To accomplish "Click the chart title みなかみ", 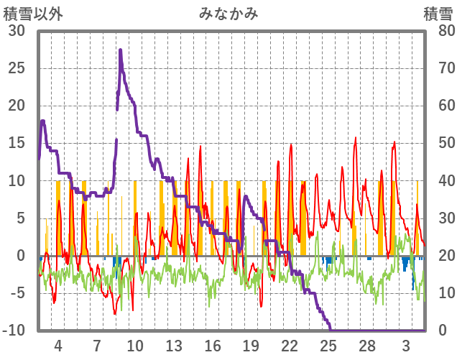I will coord(228,14).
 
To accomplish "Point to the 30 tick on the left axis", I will coord(17,31).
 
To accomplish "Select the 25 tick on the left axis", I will coord(17,68).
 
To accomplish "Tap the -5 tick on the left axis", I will coord(17,293).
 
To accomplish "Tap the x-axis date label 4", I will coord(58,344).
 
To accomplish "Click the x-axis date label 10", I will coord(136,344).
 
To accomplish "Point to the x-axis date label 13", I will coord(174,344).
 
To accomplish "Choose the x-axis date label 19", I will coord(251,344).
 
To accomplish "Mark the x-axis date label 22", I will coord(290,344).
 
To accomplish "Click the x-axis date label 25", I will coord(328,344).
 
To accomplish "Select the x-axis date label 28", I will coord(367,344).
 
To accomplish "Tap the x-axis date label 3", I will coord(406,344).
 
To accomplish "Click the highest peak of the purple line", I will coord(121,50).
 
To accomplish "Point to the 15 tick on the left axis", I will coord(17,143).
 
